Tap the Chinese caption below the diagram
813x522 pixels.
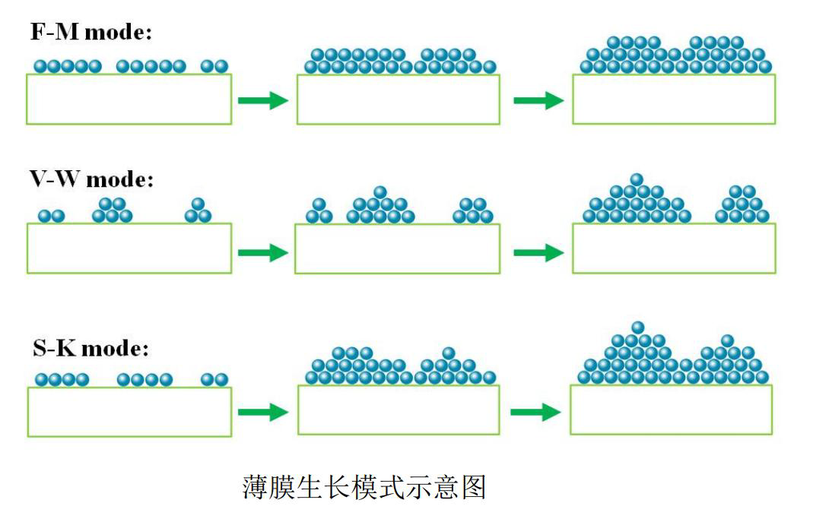[364, 487]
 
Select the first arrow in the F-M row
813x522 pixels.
[263, 100]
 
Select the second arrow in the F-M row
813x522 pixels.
[538, 100]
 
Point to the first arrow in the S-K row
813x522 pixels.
[263, 412]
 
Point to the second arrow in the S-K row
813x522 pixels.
[536, 412]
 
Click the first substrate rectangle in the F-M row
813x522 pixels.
[129, 99]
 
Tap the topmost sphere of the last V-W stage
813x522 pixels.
[637, 179]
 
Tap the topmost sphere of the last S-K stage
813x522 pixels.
[638, 327]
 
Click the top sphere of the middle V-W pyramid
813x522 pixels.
[380, 192]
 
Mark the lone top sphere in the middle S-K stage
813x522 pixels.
[449, 353]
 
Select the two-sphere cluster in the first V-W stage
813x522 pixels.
[52, 217]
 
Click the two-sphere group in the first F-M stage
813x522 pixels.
[214, 67]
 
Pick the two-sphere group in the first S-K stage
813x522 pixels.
[214, 379]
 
